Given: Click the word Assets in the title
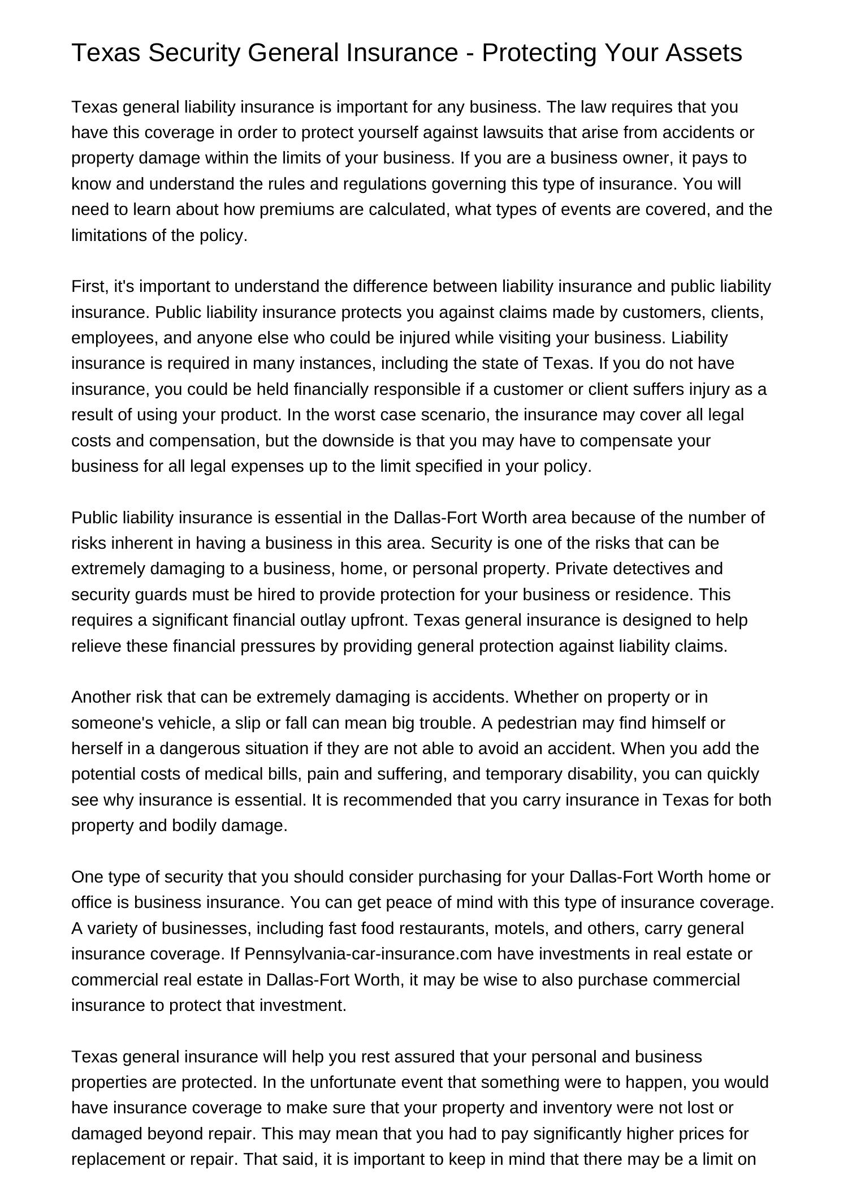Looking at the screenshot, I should tap(703, 53).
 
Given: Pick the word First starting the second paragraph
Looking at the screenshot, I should tap(88, 286).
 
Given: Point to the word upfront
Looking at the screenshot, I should tap(378, 620).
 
